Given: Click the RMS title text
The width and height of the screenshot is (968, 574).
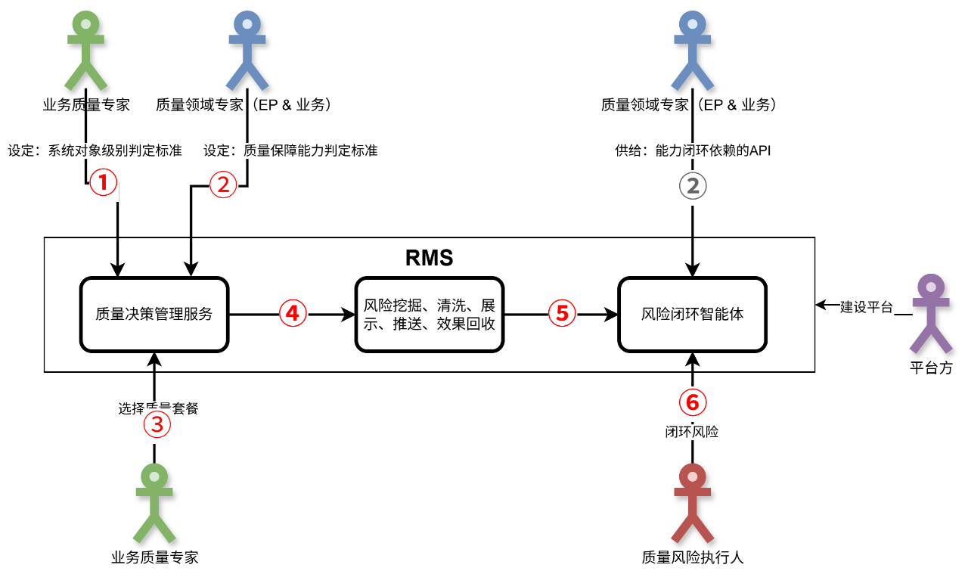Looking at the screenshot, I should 429,258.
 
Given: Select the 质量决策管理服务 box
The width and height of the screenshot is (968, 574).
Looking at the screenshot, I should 154,314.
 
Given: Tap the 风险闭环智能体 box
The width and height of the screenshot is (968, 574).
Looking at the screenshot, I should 692,314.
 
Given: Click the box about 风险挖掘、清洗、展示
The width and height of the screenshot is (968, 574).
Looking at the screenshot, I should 429,314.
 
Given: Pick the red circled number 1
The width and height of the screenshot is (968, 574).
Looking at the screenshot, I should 104,182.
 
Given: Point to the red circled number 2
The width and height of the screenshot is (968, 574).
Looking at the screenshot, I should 223,185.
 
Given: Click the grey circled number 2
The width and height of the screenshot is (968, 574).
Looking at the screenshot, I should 693,186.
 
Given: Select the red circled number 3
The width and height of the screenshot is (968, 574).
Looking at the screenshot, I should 157,425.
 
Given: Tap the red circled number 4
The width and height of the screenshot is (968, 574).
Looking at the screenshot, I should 293,312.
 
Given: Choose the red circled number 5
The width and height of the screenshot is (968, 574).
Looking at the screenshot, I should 562,312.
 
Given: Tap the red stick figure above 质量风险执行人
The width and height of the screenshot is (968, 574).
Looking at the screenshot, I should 692,502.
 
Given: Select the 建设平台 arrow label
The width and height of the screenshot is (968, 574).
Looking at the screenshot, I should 867,307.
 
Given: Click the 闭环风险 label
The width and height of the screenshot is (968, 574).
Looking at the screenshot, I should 692,433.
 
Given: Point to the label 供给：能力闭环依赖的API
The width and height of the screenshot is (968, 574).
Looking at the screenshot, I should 693,150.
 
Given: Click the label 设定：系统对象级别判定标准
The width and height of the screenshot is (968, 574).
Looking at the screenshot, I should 95,150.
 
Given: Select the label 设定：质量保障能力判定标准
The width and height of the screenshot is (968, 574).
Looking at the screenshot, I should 290,150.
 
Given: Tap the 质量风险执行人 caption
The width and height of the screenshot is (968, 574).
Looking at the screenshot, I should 692,558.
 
